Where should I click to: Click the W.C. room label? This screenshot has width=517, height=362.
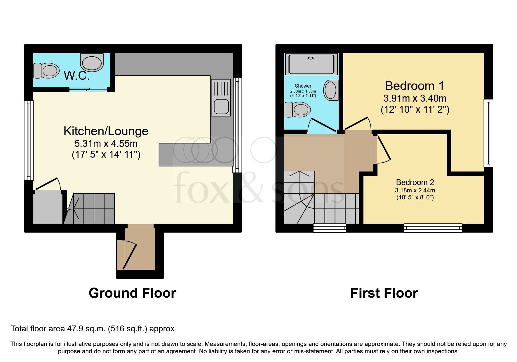pos(76,76)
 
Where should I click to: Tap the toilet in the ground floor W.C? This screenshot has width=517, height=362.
pos(46,70)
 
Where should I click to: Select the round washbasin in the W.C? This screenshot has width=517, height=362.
pos(92,62)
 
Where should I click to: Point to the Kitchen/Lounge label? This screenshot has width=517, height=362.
pos(106,131)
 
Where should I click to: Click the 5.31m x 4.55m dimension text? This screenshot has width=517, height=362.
pos(106,144)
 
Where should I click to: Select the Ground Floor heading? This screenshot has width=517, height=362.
pos(132,293)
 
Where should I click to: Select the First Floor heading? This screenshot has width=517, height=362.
pos(384,293)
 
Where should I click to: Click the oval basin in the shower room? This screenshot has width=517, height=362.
pos(331,90)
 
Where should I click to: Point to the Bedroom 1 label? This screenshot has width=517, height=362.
pos(415,86)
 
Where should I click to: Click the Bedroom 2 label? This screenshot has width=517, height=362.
pos(415,182)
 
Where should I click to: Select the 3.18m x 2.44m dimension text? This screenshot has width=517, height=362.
pos(415,190)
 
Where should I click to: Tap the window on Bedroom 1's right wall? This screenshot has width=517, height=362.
pos(488,133)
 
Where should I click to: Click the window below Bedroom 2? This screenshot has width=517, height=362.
pos(433,228)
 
